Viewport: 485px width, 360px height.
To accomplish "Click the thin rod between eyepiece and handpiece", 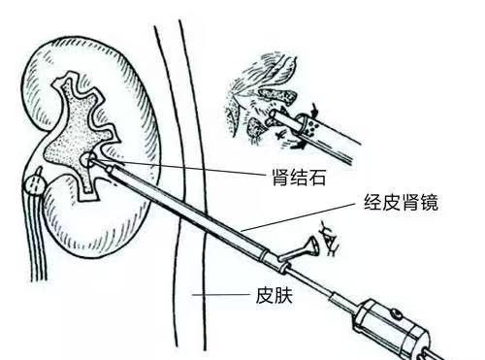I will [x=331, y=285].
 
